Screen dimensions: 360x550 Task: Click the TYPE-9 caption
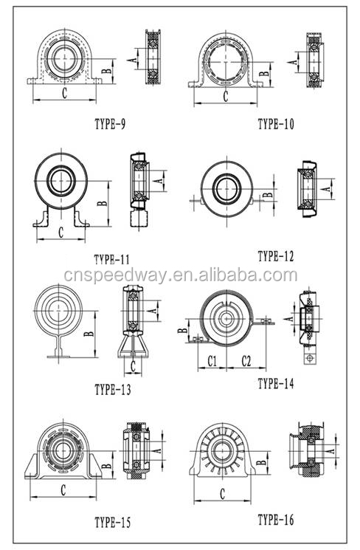click(x=110, y=124)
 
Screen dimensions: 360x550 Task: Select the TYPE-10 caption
click(x=275, y=124)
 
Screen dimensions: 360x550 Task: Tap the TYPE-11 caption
click(x=112, y=260)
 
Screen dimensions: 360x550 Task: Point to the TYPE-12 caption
click(x=275, y=256)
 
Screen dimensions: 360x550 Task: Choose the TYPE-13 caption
click(x=113, y=390)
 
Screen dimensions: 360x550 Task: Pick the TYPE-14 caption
click(x=275, y=384)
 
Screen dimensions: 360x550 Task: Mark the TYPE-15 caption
click(x=113, y=523)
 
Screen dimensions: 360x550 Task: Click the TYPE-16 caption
click(x=275, y=520)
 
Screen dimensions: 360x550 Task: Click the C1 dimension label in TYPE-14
click(x=212, y=361)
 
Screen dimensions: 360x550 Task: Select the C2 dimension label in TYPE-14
click(x=246, y=361)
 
